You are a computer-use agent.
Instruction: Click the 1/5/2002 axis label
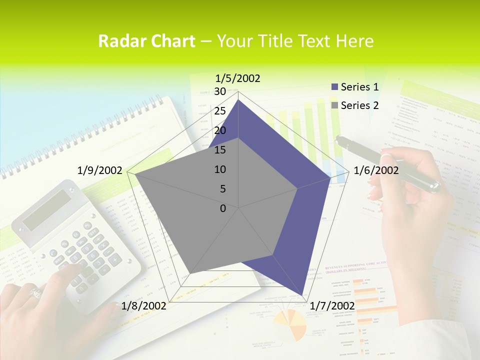(x=237, y=78)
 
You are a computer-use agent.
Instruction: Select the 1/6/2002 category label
(x=376, y=170)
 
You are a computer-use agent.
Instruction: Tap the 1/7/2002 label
(x=332, y=305)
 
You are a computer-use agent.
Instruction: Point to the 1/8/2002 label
(x=144, y=305)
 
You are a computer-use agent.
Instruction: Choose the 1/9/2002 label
(x=100, y=170)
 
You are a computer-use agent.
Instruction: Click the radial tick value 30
(x=220, y=91)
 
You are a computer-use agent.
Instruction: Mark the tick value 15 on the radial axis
(x=220, y=150)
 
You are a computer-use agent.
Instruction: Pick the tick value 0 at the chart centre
(x=223, y=208)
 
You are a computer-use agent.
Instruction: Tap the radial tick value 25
(x=220, y=111)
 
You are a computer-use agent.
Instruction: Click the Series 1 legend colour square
(x=335, y=87)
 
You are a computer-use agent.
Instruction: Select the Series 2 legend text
(x=359, y=105)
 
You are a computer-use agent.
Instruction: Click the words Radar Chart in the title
(x=146, y=41)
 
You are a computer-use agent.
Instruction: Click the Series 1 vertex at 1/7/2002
(x=304, y=295)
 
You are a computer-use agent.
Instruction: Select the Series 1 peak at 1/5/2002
(x=238, y=100)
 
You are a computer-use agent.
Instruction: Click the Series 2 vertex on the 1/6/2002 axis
(x=297, y=188)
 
